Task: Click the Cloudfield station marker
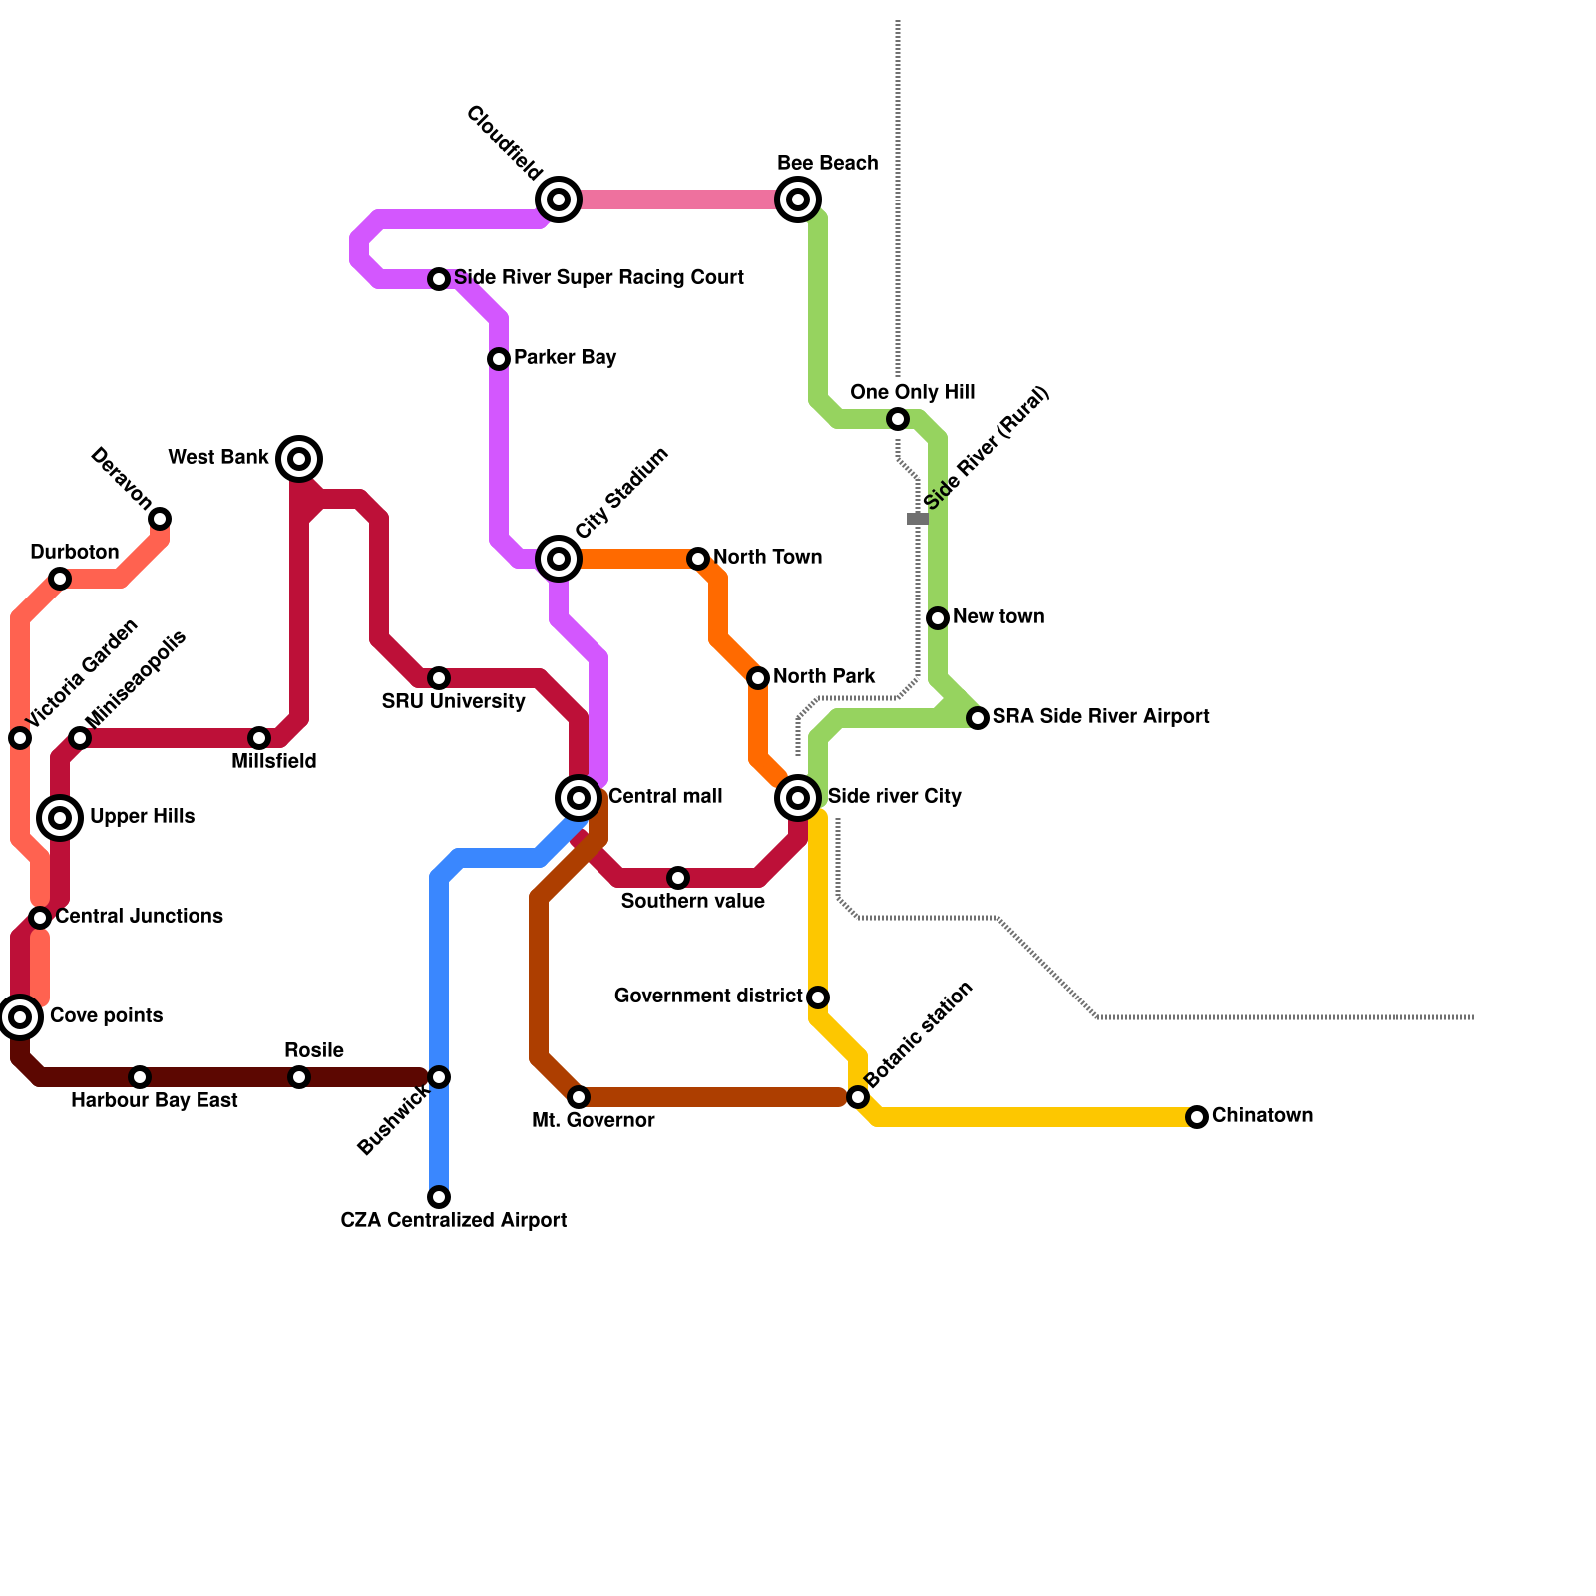559,199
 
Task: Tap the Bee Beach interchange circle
798,199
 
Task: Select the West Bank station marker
299,459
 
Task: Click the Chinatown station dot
1197,1117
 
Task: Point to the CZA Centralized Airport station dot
439,1197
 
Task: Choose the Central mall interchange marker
579,798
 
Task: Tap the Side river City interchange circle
798,798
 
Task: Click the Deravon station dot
160,519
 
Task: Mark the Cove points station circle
20,1017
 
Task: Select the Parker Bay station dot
499,359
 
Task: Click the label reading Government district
708,997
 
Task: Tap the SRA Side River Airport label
1100,717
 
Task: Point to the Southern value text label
692,902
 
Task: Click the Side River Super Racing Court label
598,278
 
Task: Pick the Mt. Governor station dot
579,1097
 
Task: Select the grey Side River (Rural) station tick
918,519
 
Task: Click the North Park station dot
758,678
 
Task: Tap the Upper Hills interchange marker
60,818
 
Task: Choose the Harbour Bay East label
155,1101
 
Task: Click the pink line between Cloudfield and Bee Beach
678,199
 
